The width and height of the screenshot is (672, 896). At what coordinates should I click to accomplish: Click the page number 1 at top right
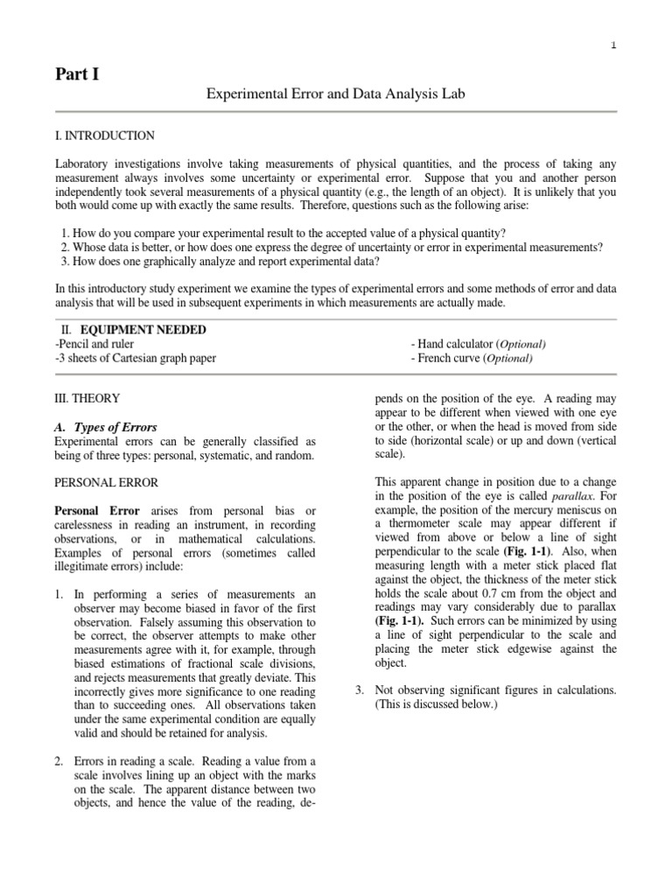tap(613, 45)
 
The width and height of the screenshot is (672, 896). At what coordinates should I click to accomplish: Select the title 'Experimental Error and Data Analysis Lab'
tap(328, 94)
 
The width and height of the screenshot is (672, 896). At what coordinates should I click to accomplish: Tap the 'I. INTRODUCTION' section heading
tap(105, 136)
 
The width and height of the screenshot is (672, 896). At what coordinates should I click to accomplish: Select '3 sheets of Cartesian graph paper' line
tap(136, 358)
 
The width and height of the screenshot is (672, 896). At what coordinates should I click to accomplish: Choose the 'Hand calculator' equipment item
tap(479, 344)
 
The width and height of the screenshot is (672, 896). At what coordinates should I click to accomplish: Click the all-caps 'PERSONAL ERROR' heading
tap(107, 482)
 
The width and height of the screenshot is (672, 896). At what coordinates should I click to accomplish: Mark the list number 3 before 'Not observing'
tap(359, 690)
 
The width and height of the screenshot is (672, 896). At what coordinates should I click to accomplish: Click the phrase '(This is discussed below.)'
tap(435, 704)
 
